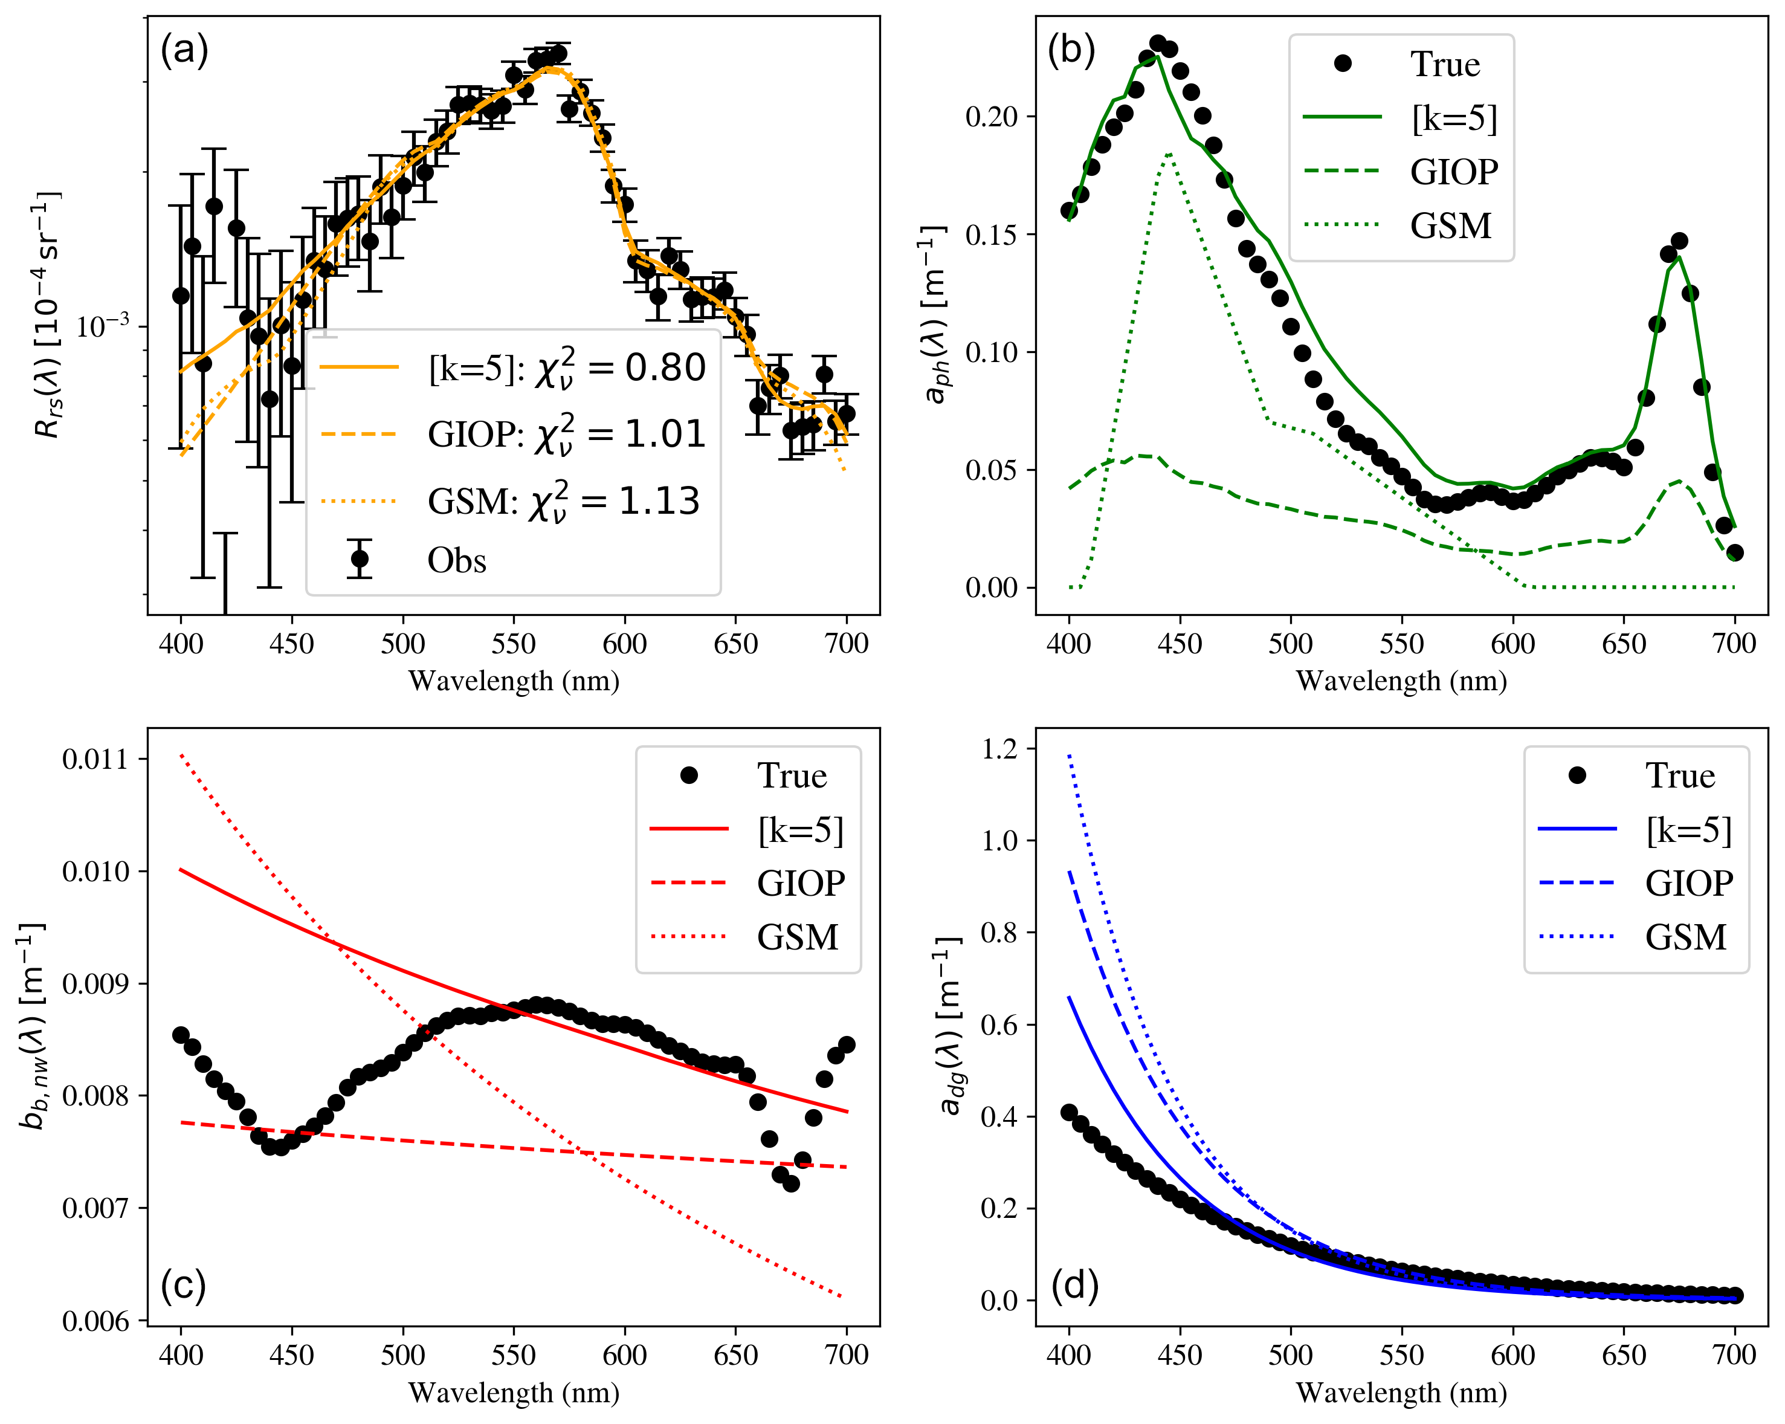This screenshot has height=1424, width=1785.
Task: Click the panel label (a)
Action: (184, 51)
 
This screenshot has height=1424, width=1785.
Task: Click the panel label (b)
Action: (1071, 51)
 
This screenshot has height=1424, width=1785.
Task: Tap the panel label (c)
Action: (183, 1285)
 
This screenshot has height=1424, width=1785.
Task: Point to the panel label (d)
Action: (1074, 1285)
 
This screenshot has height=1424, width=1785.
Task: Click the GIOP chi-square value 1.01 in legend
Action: (665, 434)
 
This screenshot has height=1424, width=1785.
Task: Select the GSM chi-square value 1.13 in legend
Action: (659, 501)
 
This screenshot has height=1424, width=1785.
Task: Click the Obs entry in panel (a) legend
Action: (456, 560)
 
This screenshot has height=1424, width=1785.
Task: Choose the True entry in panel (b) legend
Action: (1445, 65)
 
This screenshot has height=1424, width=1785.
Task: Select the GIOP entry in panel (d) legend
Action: (1688, 884)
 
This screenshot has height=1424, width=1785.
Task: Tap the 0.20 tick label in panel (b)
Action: (991, 117)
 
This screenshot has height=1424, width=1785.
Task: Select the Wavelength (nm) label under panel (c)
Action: (513, 1393)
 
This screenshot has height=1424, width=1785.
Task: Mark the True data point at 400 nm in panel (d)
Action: (1069, 1113)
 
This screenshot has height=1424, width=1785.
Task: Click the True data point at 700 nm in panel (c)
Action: (846, 1045)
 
